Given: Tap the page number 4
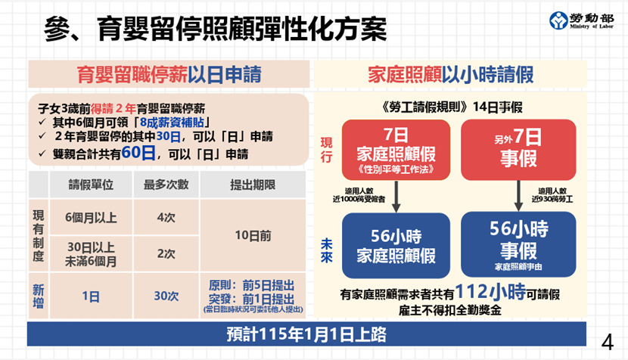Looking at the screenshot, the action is [607, 343].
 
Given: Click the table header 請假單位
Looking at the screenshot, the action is [91, 185].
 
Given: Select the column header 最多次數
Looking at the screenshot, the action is [166, 185].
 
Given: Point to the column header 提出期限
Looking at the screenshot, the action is [253, 185].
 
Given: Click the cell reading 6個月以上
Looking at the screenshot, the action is [91, 218].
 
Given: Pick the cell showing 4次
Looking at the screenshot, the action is [166, 218].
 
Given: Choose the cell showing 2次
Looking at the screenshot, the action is [166, 253].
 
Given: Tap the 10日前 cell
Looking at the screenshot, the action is [253, 235].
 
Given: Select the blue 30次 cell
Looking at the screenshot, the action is [166, 296].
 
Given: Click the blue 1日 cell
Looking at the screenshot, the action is [91, 296].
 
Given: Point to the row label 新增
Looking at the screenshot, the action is [39, 296].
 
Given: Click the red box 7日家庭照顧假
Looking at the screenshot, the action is [396, 150].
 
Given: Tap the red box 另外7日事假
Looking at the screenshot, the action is [518, 150].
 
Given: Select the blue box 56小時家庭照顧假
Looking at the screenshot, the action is [396, 246].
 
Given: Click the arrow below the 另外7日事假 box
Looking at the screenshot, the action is [518, 196].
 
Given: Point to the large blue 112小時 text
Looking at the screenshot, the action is [490, 292].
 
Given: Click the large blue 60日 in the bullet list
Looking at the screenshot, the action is [138, 153].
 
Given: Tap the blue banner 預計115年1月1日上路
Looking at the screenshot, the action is [306, 334].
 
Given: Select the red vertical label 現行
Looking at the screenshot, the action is [326, 150].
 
